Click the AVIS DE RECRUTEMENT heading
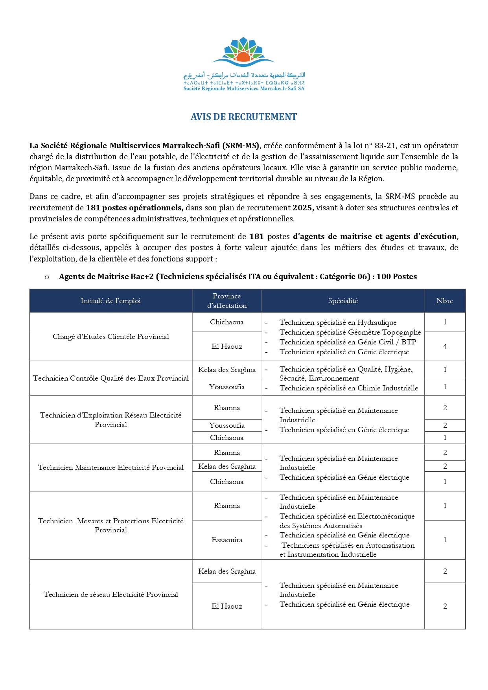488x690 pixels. [244, 117]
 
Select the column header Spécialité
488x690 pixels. [343, 301]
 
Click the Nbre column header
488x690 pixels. [445, 301]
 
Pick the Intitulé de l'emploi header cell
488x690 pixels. [110, 301]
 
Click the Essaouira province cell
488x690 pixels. [227, 540]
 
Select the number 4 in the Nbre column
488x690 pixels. [445, 346]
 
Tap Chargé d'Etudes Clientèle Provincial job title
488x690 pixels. [111, 337]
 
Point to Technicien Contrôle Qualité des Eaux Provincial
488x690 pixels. [111, 378]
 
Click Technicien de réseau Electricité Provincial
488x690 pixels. [111, 594]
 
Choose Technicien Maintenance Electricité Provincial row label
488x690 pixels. [111, 467]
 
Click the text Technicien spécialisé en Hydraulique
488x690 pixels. [338, 322]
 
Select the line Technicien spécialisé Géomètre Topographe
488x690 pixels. [350, 332]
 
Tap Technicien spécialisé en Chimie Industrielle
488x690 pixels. [349, 388]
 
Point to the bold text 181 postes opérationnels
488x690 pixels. [134, 208]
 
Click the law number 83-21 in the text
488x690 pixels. [385, 145]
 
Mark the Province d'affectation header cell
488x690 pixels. [227, 301]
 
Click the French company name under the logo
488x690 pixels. [244, 88]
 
